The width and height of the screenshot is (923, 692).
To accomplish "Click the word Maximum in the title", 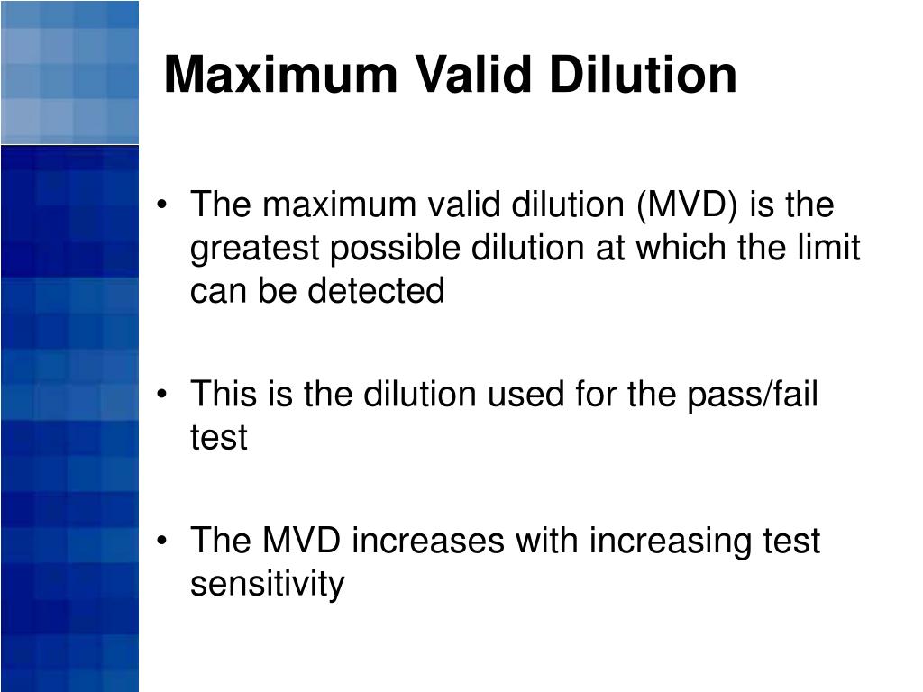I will click(280, 75).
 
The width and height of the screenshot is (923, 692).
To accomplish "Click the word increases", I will click(427, 542).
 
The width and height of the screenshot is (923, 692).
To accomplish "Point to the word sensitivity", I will click(267, 585).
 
